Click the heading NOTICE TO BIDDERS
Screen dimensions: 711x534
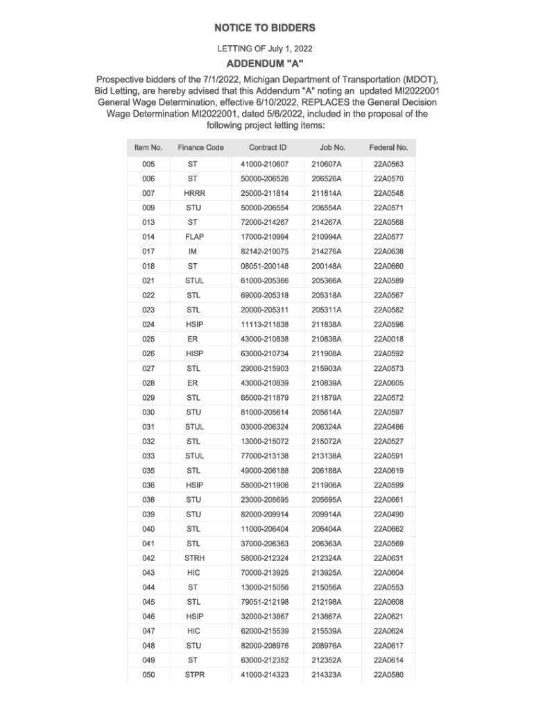[x=264, y=28]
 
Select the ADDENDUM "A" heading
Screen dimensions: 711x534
[x=265, y=65]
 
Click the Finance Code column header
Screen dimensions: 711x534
[x=200, y=147]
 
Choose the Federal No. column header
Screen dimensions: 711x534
[x=388, y=147]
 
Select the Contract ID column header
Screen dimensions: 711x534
[x=268, y=147]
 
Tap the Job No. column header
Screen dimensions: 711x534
[x=332, y=147]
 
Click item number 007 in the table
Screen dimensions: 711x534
[x=148, y=193]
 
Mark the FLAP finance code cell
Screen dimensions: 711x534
[x=194, y=237]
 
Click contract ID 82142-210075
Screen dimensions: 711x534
[x=264, y=251]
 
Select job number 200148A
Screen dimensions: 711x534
[x=327, y=266]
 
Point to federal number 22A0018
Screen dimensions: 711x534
[x=388, y=339]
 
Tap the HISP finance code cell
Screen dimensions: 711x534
[x=194, y=353]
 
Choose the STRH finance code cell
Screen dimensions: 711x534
[x=194, y=558]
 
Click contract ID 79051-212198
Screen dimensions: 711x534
[x=264, y=601]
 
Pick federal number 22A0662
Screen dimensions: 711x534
[x=388, y=528]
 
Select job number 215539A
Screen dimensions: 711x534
[x=327, y=630]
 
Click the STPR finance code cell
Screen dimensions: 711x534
[x=194, y=674]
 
